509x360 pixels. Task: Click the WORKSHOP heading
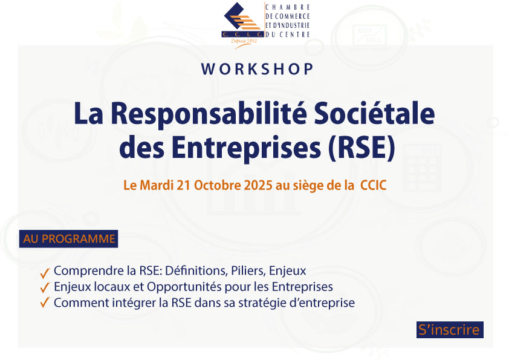[257, 69]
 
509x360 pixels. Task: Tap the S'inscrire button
[450, 330]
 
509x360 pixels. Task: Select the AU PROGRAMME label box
[68, 239]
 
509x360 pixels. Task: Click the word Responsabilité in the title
[209, 114]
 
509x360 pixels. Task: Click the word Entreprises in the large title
[247, 148]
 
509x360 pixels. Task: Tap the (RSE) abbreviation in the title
[361, 148]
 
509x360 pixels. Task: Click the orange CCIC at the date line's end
[374, 186]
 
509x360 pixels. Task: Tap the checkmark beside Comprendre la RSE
[45, 273]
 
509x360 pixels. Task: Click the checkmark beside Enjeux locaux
[45, 287]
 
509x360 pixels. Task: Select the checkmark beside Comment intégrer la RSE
[45, 302]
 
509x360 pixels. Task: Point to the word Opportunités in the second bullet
[184, 287]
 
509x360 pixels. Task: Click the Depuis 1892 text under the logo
[244, 41]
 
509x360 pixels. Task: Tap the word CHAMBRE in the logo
[288, 7]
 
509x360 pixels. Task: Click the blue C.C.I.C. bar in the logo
[242, 34]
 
